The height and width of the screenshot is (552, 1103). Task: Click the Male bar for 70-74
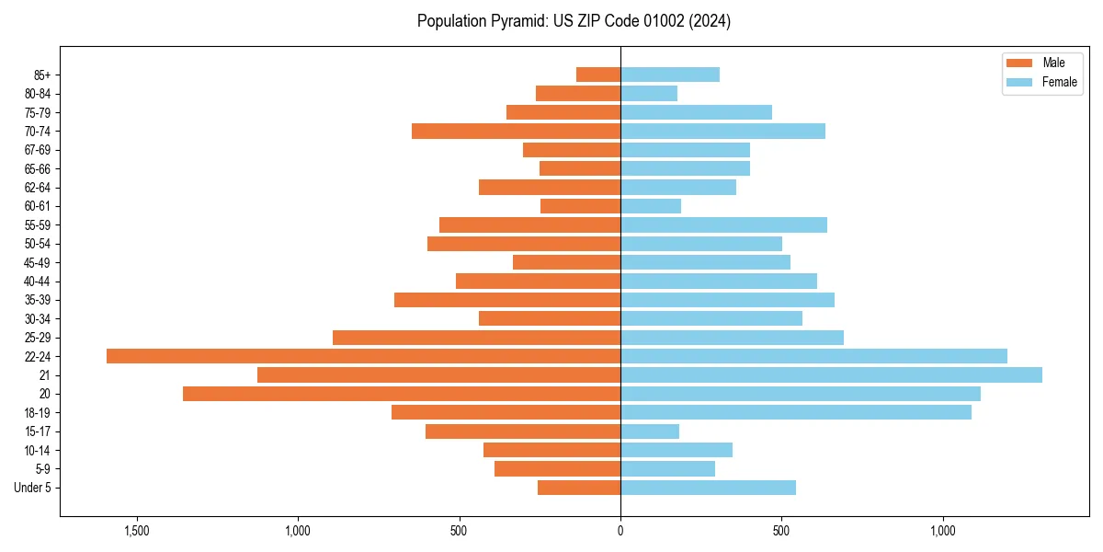pyautogui.click(x=516, y=131)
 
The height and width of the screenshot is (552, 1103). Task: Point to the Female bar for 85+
pyautogui.click(x=670, y=75)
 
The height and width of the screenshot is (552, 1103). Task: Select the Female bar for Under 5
pyautogui.click(x=708, y=488)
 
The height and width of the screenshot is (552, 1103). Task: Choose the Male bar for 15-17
pyautogui.click(x=523, y=431)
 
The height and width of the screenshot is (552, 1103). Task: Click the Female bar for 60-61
pyautogui.click(x=651, y=206)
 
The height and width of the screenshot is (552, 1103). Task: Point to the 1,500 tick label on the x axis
pyautogui.click(x=137, y=531)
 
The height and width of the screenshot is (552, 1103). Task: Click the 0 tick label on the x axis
pyautogui.click(x=620, y=531)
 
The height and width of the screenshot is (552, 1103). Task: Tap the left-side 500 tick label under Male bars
pyautogui.click(x=459, y=531)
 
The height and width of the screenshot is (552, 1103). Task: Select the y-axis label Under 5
pyautogui.click(x=33, y=488)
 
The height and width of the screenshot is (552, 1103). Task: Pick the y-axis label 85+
pyautogui.click(x=42, y=75)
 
